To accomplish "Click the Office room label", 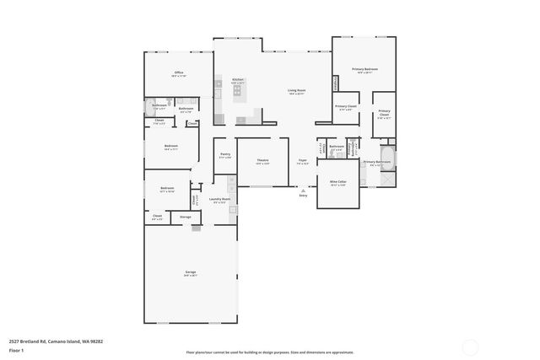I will tap(179, 73).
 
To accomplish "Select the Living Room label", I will tap(296, 90).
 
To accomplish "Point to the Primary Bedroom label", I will tap(364, 69).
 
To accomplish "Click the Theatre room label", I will tap(262, 160).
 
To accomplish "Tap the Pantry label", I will tap(225, 154).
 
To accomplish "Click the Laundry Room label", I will tap(221, 200).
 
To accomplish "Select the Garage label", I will tap(191, 272).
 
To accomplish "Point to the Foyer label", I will tap(302, 160).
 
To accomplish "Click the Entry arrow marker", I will tap(302, 191).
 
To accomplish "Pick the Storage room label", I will tap(186, 217).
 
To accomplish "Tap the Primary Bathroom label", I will tap(376, 161).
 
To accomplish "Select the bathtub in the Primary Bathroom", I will tap(387, 158).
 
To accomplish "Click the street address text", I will tap(56, 341).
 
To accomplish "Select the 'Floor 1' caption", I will tap(16, 349).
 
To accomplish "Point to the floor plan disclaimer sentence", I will tap(269, 352).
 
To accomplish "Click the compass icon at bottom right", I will tap(470, 347).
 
